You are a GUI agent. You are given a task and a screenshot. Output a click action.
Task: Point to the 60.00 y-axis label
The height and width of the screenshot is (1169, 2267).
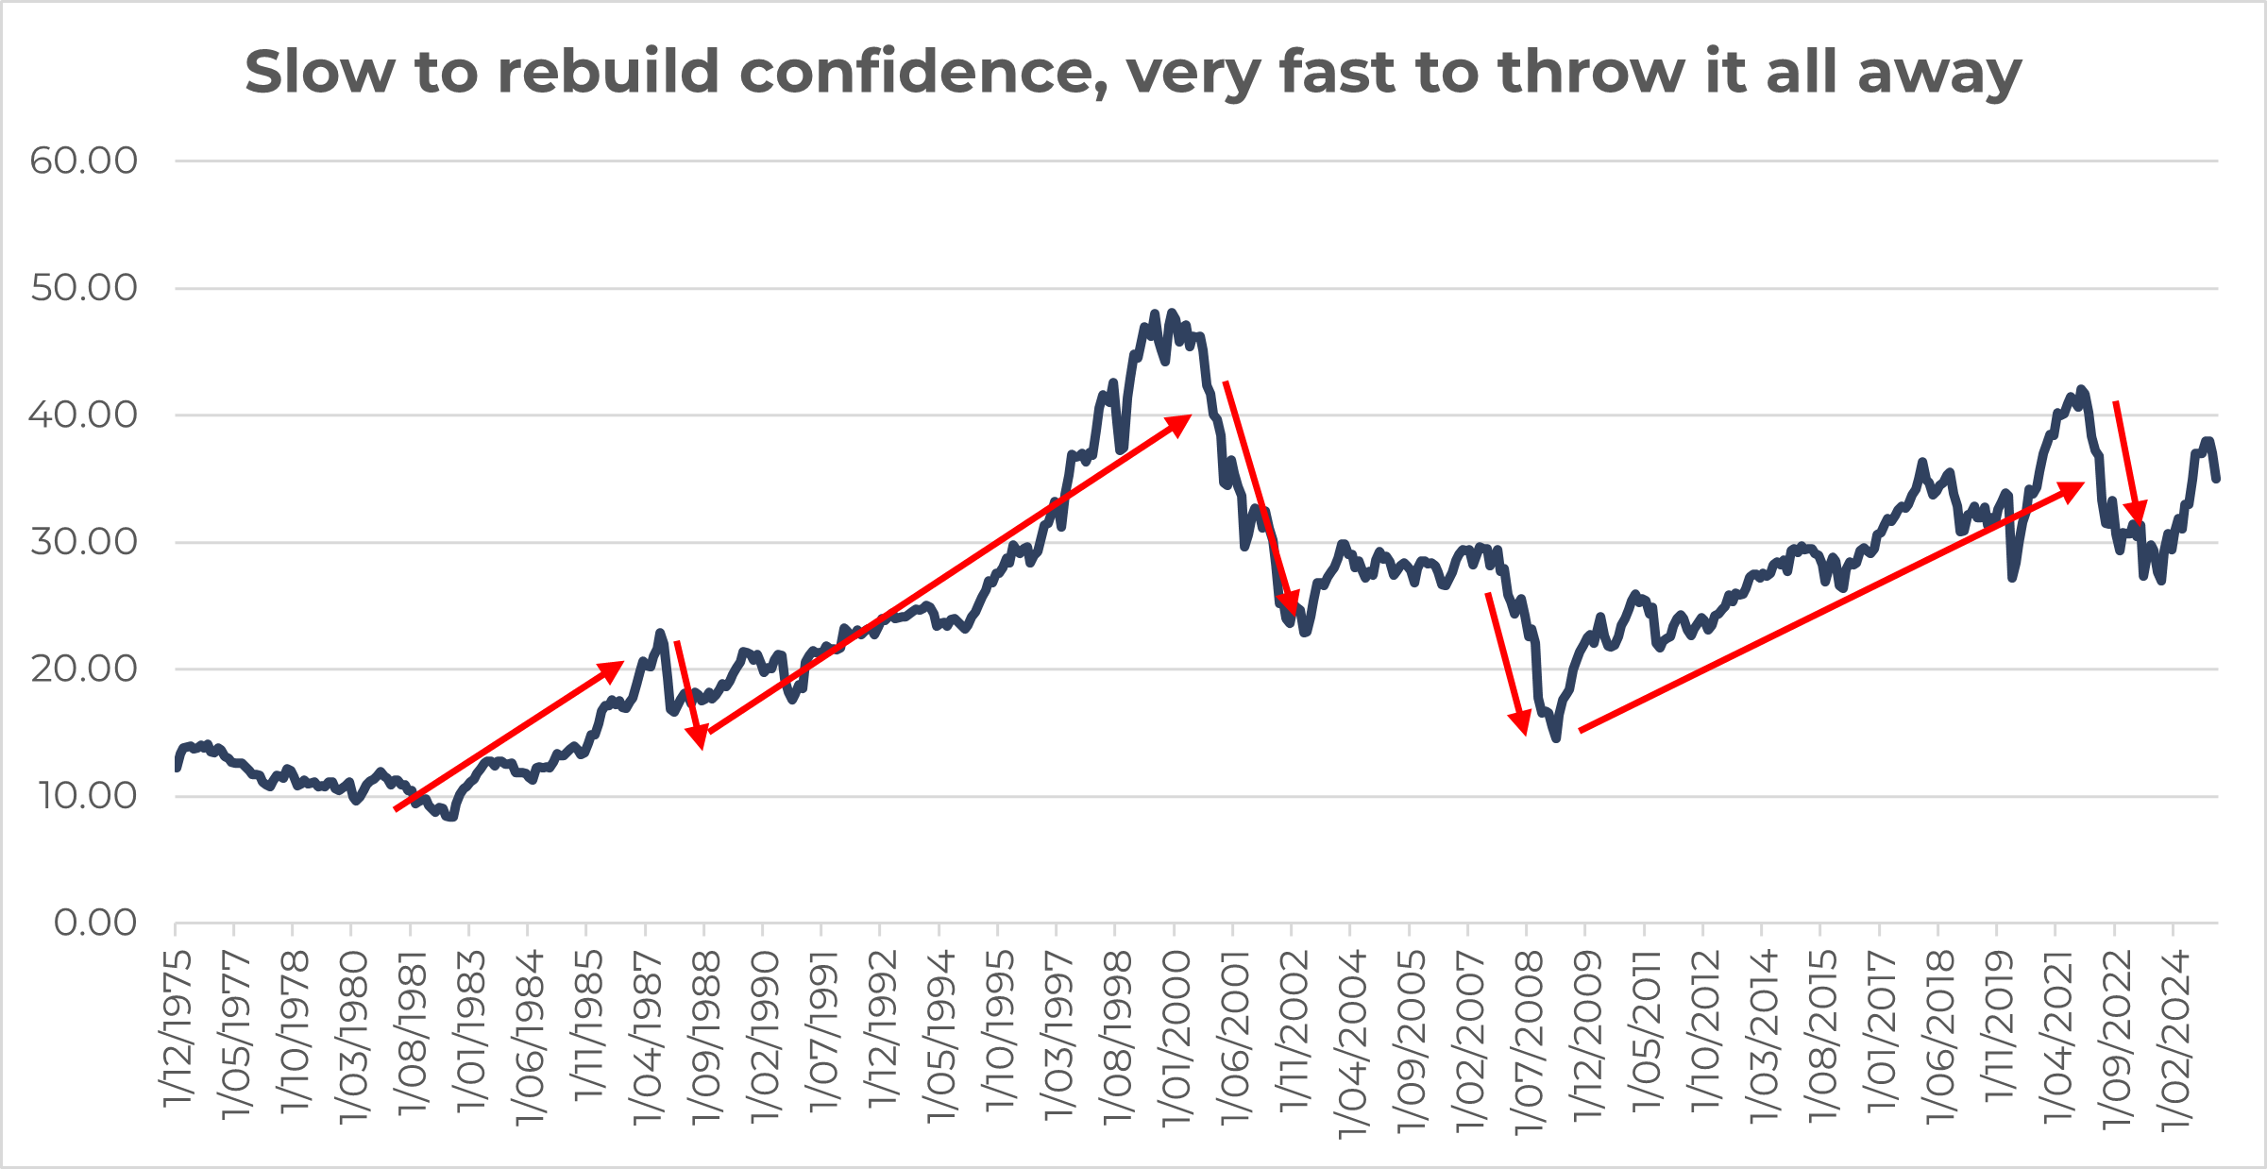(x=83, y=161)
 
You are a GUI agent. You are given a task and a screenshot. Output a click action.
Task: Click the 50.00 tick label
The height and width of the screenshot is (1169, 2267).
(x=83, y=288)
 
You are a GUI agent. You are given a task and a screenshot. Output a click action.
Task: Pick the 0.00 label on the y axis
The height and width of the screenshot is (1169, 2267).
(x=94, y=923)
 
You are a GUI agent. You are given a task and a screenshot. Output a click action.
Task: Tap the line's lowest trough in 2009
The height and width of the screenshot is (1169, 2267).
(x=1555, y=737)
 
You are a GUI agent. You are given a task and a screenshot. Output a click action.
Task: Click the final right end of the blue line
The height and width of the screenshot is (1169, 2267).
(x=2217, y=480)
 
